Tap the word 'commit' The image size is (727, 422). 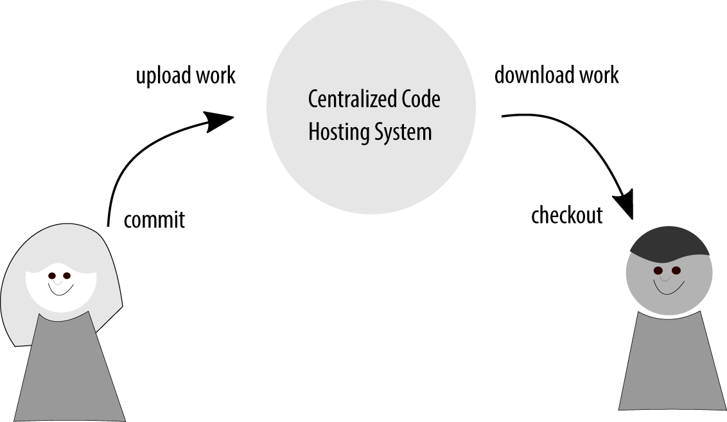[x=154, y=220]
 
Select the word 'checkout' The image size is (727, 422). [x=567, y=215]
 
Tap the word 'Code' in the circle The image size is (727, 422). [x=421, y=100]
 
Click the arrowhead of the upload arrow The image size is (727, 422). [x=218, y=121]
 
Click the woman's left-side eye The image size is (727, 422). [x=52, y=276]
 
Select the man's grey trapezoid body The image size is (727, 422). [x=670, y=366]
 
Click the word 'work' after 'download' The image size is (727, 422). [x=599, y=75]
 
